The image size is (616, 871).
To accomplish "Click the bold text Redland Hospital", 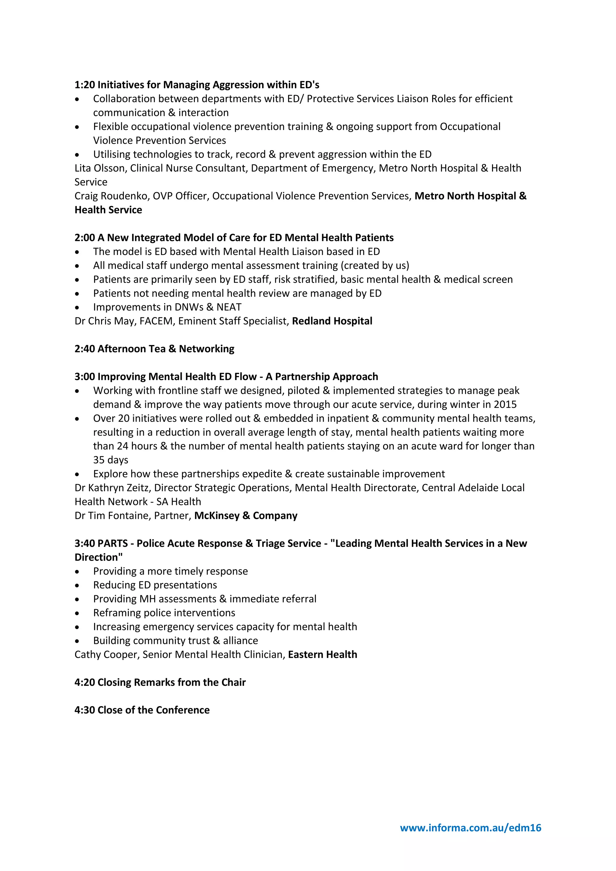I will [x=332, y=321].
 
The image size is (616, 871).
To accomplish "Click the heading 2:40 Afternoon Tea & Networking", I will [x=154, y=349].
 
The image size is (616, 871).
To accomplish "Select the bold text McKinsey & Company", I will [x=245, y=516].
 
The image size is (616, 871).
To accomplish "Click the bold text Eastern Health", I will [x=322, y=654].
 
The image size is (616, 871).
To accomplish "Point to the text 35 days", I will [x=110, y=460].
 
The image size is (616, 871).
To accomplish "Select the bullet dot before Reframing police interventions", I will [x=77, y=614].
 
